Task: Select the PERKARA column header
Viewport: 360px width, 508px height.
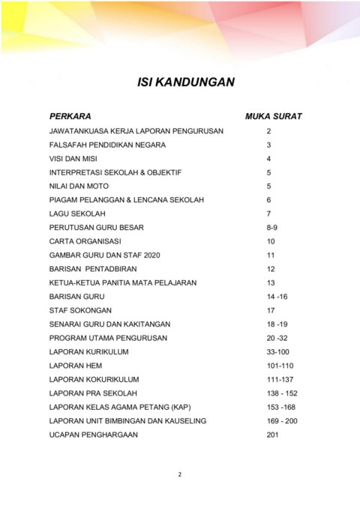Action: (x=70, y=117)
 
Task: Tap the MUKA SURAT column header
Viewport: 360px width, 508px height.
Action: (x=274, y=117)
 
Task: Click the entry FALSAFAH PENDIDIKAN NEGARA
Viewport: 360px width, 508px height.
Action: (x=107, y=145)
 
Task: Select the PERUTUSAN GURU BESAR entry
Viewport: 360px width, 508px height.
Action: (x=96, y=228)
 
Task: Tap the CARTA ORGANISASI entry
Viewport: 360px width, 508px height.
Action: (x=85, y=241)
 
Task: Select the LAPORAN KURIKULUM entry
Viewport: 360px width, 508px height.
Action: (x=88, y=351)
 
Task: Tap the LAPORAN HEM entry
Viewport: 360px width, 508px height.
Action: (x=76, y=366)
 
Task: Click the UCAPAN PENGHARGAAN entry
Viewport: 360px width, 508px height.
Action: (x=93, y=435)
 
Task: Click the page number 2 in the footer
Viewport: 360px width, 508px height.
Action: (x=180, y=474)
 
